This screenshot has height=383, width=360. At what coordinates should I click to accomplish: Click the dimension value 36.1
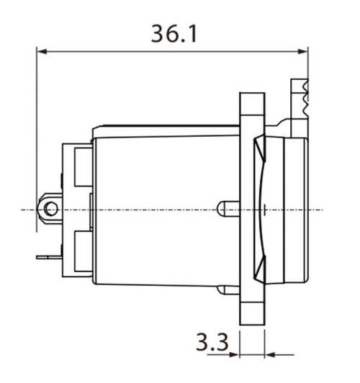click(175, 34)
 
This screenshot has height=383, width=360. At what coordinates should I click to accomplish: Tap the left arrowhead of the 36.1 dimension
click(42, 51)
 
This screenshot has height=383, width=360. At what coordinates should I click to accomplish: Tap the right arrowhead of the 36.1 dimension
click(303, 51)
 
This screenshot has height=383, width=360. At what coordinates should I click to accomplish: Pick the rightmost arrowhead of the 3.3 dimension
click(270, 354)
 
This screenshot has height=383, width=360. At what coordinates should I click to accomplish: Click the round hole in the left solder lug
click(50, 209)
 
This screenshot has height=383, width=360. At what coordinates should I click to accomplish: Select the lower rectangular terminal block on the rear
click(81, 252)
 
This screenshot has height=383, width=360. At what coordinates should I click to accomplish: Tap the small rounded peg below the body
click(229, 289)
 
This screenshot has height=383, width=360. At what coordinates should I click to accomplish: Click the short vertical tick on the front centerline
click(265, 209)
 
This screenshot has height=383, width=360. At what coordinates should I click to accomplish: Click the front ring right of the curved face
click(295, 209)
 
